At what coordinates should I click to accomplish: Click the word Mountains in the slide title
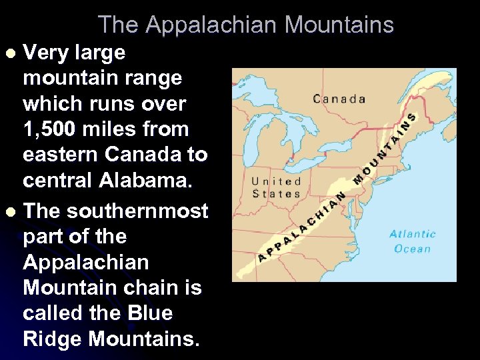[339, 25]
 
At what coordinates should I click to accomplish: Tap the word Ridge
[53, 339]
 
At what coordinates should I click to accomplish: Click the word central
[59, 180]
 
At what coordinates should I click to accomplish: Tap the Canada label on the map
[339, 99]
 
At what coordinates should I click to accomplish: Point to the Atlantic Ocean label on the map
[413, 241]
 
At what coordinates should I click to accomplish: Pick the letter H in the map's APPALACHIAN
[321, 213]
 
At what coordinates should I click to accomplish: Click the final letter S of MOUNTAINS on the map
[412, 117]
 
